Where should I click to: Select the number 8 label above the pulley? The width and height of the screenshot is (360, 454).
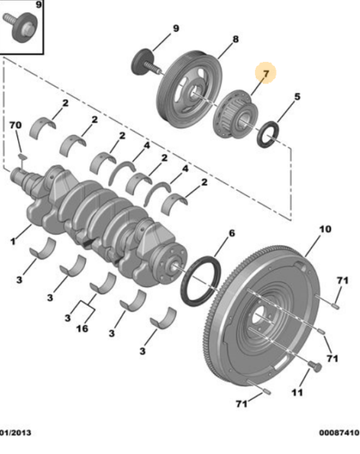(234, 41)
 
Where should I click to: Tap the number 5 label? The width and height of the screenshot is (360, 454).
(297, 96)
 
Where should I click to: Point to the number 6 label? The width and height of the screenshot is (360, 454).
(232, 233)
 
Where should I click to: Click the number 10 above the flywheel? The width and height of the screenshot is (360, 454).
(325, 229)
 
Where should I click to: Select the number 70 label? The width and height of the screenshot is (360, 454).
(16, 126)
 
